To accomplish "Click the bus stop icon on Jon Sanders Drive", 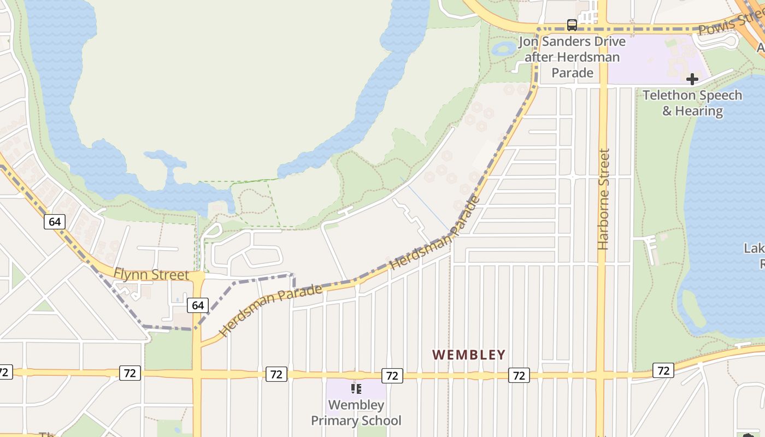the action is pos(572,25).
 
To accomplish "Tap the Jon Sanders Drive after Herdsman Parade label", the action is pos(572,57).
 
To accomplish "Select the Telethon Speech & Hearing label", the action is pos(692,103).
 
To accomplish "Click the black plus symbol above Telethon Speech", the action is pos(692,79).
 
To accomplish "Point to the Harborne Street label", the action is pos(603,199).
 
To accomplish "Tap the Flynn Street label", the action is pos(151,274).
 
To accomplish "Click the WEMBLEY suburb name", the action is pos(469,355).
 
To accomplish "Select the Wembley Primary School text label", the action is pos(356,413).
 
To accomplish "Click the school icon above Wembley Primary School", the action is pos(356,389).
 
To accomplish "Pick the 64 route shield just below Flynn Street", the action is pos(197,305).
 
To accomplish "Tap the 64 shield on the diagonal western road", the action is pos(55,221).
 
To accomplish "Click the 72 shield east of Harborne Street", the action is pos(663,370).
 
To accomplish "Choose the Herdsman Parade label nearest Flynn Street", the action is pos(270,310).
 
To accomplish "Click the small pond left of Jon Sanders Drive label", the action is pos(503,49).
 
